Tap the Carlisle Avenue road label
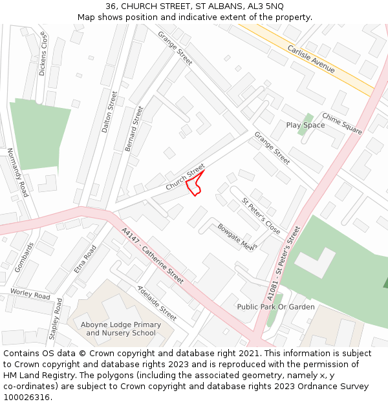pyautogui.click(x=311, y=59)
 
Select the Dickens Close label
pyautogui.click(x=43, y=56)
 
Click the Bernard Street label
pyautogui.click(x=134, y=129)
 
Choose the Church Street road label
pyautogui.click(x=185, y=176)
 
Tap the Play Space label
pyautogui.click(x=305, y=125)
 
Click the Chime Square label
pyautogui.click(x=342, y=123)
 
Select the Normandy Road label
pyautogui.click(x=18, y=173)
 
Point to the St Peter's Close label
pyautogui.click(x=261, y=217)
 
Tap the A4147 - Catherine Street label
pyautogui.click(x=153, y=255)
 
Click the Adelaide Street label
pyautogui.click(x=157, y=303)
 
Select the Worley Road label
pyautogui.click(x=30, y=294)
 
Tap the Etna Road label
pyautogui.click(x=85, y=259)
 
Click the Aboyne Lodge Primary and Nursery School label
pyautogui.click(x=121, y=329)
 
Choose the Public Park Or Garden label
pyautogui.click(x=275, y=307)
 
